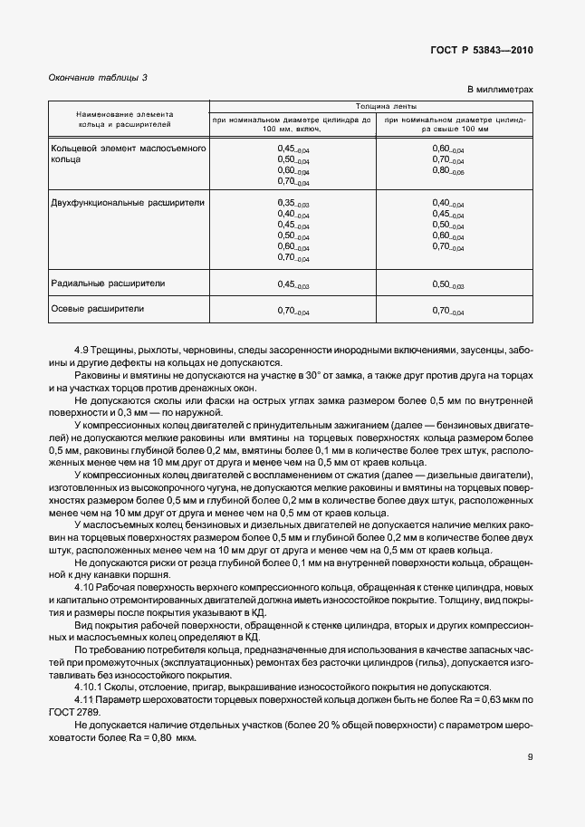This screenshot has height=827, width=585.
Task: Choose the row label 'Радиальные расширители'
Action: (108, 284)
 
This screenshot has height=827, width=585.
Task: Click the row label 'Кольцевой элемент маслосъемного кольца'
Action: (129, 152)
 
